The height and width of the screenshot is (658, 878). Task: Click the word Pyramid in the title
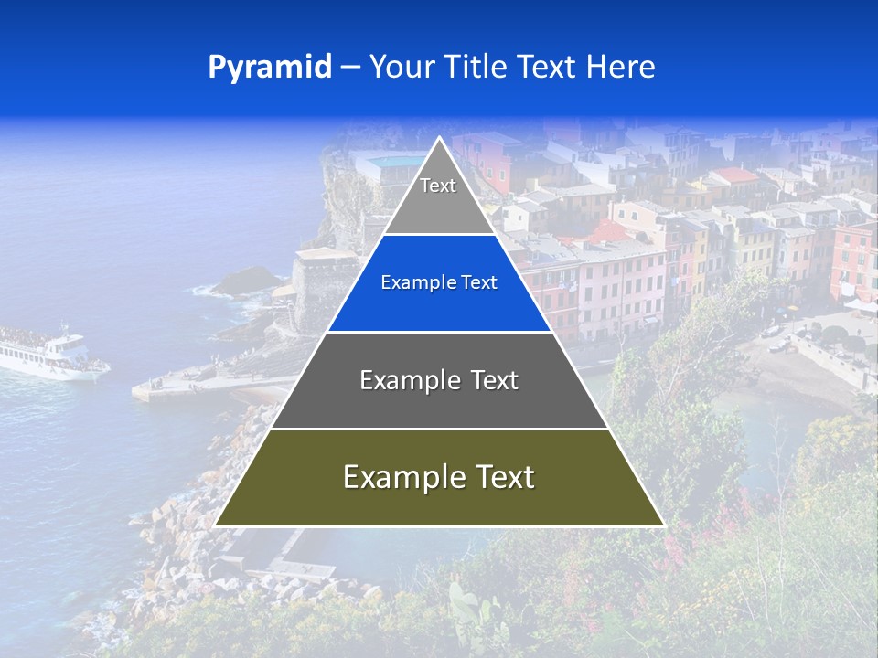tap(270, 68)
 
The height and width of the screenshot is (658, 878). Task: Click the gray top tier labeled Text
tap(438, 196)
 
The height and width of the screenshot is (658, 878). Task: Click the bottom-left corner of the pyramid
tap(217, 525)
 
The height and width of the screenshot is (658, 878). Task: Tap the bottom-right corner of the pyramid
tap(662, 525)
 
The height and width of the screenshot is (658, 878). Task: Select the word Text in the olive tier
tap(500, 477)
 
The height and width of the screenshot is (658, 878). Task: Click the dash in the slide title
tap(349, 68)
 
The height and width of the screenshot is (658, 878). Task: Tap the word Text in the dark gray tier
tap(495, 380)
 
